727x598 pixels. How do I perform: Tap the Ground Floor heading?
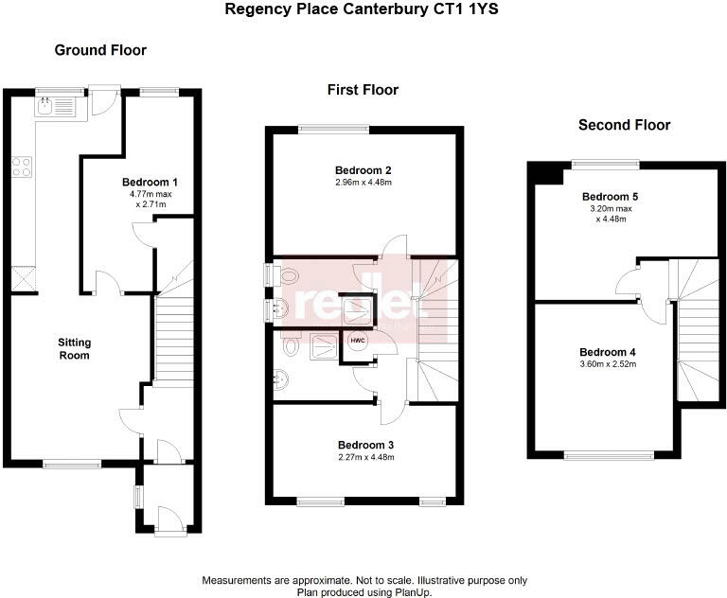click(100, 50)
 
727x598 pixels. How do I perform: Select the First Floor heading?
click(363, 90)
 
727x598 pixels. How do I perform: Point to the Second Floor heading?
click(624, 125)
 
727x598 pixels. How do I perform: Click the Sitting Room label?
click(75, 349)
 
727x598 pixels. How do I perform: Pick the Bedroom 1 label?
click(150, 182)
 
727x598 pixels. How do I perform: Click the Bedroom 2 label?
click(363, 170)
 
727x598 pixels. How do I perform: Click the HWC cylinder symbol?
click(358, 341)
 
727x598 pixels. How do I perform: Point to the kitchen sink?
click(44, 107)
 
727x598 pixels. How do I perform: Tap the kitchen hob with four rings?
click(21, 167)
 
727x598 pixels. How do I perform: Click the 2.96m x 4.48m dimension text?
click(363, 183)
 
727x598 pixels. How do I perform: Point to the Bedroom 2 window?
click(332, 129)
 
